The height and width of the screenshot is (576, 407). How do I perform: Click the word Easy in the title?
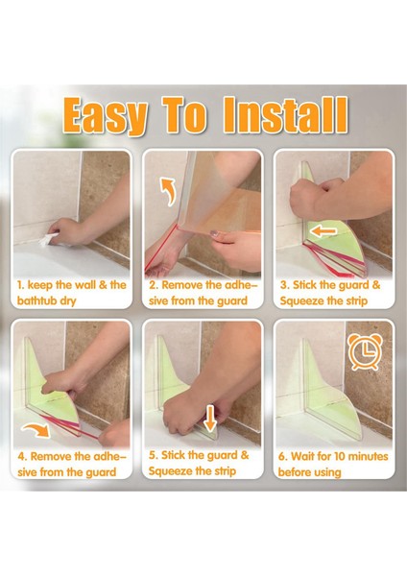[105, 116]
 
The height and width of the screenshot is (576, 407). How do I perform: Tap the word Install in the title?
[286, 114]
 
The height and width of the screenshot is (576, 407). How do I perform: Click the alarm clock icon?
[365, 351]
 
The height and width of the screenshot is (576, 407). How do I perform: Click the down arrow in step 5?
[210, 419]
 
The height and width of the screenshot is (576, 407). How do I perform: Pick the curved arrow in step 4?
[36, 430]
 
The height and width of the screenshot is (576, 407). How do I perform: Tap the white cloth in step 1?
[47, 239]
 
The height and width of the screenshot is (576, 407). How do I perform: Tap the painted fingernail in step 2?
[213, 233]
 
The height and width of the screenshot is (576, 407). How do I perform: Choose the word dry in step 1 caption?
[68, 301]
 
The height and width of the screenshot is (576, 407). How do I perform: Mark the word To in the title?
[185, 114]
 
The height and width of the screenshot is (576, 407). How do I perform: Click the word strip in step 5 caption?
[223, 471]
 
